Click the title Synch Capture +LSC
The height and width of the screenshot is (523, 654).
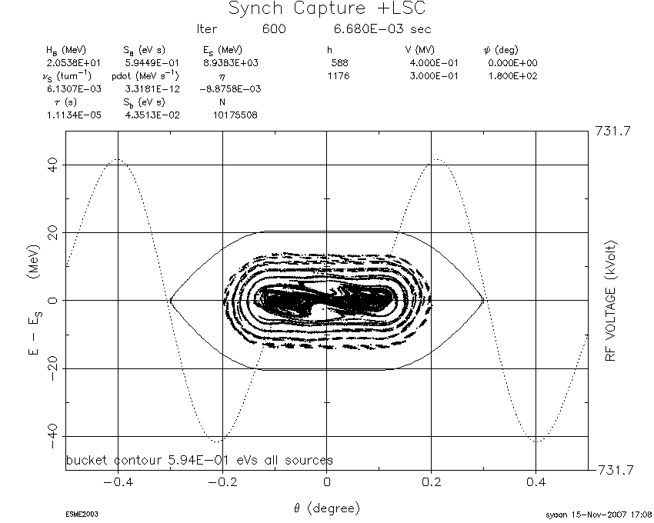tap(326, 8)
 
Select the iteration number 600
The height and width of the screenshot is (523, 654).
tap(274, 28)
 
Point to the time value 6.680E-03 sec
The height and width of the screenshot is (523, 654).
tap(382, 28)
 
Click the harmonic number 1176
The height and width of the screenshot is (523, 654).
tap(339, 76)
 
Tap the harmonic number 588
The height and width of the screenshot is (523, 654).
tap(339, 63)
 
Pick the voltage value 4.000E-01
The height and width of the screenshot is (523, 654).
tap(434, 63)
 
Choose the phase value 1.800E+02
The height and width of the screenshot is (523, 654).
tap(512, 76)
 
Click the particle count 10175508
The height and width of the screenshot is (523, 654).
tap(235, 115)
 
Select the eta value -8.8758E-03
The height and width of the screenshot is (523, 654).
tap(230, 89)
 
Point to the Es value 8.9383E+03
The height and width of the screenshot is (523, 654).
tap(231, 63)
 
